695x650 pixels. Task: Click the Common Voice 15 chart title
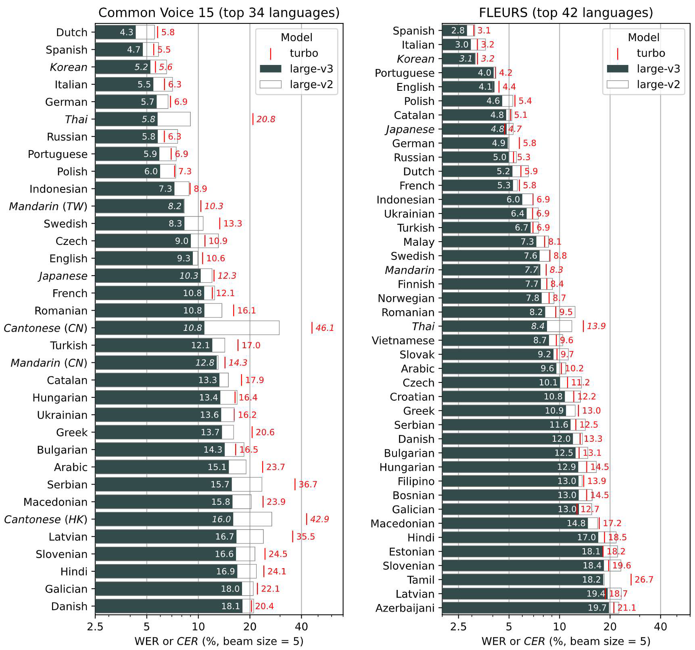coord(219,13)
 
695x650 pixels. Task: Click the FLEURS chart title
coord(566,13)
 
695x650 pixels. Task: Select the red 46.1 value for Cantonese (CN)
coord(325,328)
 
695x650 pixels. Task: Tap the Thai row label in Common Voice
coord(76,119)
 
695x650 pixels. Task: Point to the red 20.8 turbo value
coord(266,119)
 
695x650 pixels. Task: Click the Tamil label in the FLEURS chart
coord(421,580)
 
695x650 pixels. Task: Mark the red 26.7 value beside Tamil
coord(644,580)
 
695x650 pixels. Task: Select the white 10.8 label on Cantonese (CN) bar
coord(192,328)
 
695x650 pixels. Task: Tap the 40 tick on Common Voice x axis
coord(301,627)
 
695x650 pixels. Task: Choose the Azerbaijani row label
coord(405,608)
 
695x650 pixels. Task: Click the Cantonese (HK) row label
coord(46,519)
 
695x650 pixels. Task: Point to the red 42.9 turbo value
coord(319,519)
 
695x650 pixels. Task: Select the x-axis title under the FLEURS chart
coord(566,641)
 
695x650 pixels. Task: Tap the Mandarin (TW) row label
coord(48,206)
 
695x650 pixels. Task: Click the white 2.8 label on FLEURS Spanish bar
coord(458,31)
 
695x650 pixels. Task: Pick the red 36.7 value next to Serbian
coord(308,484)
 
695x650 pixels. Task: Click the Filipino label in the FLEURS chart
coord(416,481)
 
